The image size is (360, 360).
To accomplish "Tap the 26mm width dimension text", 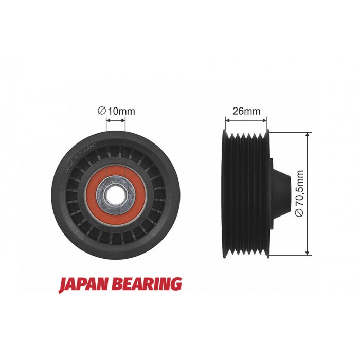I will click(x=246, y=110).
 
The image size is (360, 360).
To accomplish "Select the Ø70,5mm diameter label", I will click(x=300, y=193).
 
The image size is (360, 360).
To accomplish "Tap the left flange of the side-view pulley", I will click(x=224, y=193).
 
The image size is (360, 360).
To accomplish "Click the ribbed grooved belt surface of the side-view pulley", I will click(x=247, y=193).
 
